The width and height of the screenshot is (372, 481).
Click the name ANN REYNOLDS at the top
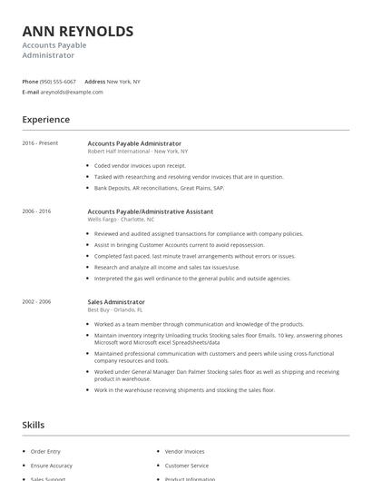pyautogui.click(x=78, y=32)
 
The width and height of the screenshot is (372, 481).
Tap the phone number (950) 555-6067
pyautogui.click(x=58, y=82)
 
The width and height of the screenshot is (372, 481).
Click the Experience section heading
pyautogui.click(x=45, y=119)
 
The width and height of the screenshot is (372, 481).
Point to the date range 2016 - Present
pyautogui.click(x=40, y=143)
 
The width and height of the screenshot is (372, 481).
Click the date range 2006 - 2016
pyautogui.click(x=37, y=211)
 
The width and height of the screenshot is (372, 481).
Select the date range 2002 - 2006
pyautogui.click(x=37, y=301)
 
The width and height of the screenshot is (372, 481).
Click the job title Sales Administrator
pyautogui.click(x=116, y=301)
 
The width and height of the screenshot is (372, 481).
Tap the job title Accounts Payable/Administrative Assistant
pyautogui.click(x=151, y=211)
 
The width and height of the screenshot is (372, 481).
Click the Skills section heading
pyautogui.click(x=34, y=424)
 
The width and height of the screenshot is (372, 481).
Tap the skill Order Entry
pyautogui.click(x=44, y=450)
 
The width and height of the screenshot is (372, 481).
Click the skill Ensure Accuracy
pyautogui.click(x=50, y=465)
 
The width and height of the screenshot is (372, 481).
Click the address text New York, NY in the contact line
pyautogui.click(x=123, y=82)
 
